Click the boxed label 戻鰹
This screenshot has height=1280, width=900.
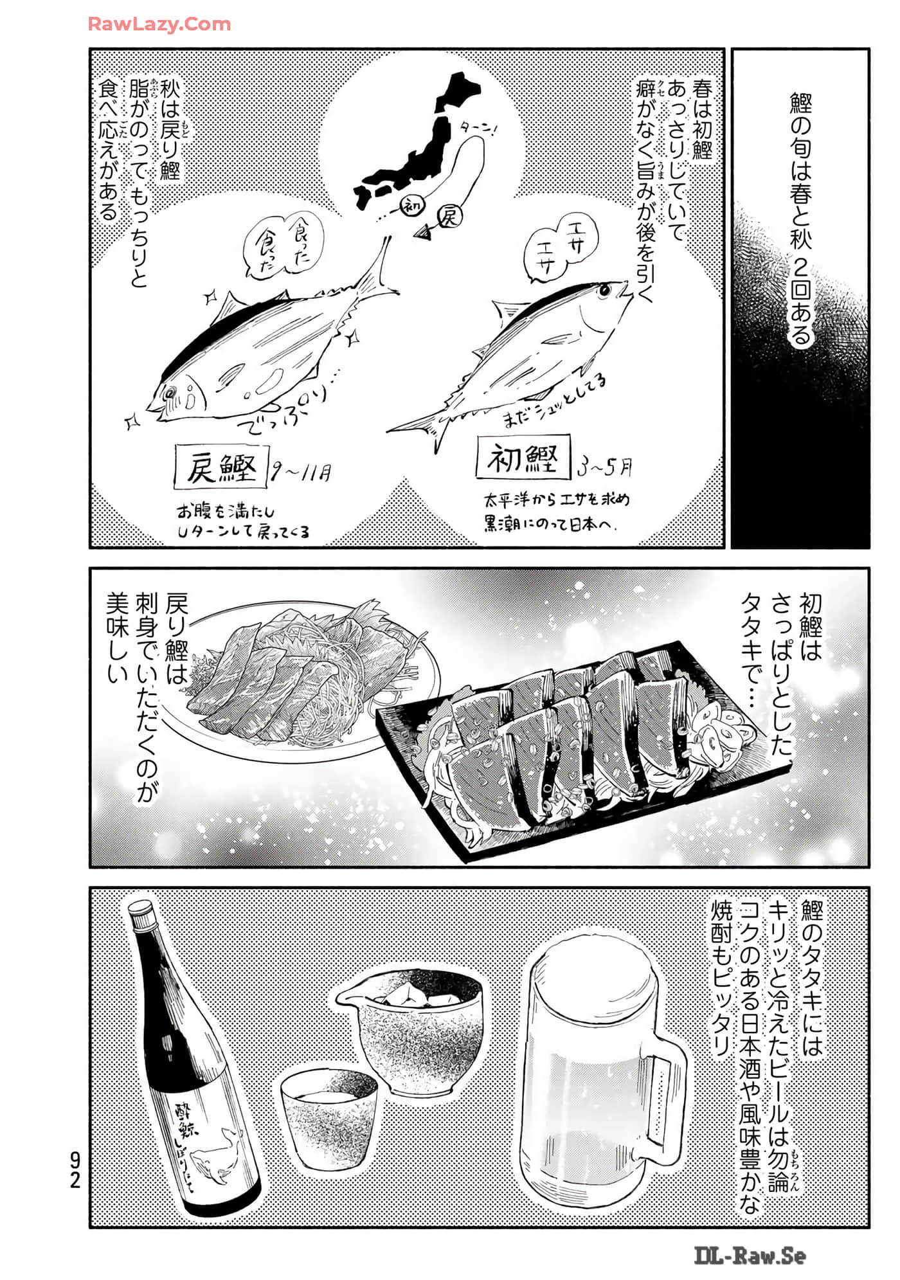pyautogui.click(x=221, y=467)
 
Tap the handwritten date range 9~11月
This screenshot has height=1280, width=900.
pyautogui.click(x=301, y=473)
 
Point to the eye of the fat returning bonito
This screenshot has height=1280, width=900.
pyautogui.click(x=171, y=391)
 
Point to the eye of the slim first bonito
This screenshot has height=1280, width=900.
pyautogui.click(x=604, y=291)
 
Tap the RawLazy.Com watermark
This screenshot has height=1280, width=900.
pyautogui.click(x=159, y=24)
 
